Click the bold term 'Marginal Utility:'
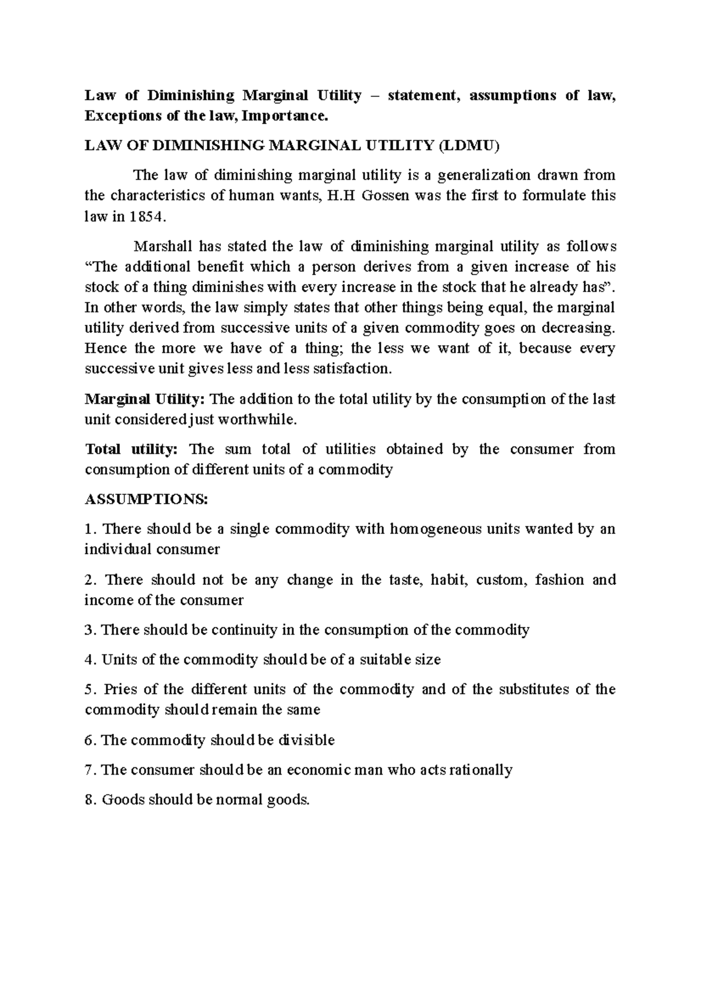pos(145,400)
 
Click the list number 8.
pos(89,800)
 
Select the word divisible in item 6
pos(307,740)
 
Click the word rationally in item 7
pos(481,770)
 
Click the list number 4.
pos(89,660)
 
